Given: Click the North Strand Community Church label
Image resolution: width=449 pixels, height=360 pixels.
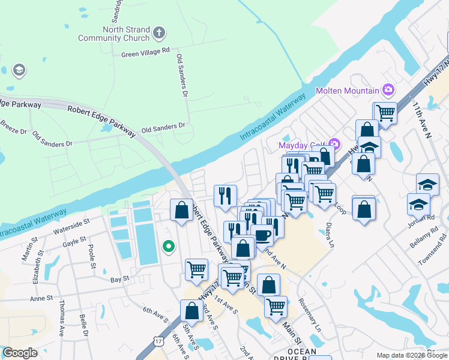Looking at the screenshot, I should click(x=113, y=34).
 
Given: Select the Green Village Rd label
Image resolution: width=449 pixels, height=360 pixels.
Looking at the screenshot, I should click(x=146, y=53).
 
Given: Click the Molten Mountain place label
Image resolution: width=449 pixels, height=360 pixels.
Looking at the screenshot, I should click(x=348, y=91).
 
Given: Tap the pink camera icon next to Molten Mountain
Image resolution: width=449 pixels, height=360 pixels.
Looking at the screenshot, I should click(x=388, y=91).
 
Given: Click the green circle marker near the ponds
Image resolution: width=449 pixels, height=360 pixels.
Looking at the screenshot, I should click(x=169, y=246).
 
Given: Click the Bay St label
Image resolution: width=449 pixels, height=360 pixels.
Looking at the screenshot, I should click(x=119, y=279).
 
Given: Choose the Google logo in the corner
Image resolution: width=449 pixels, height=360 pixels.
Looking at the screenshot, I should click(x=20, y=353).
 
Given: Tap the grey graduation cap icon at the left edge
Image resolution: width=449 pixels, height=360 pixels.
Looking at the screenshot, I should click(x=19, y=71).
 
